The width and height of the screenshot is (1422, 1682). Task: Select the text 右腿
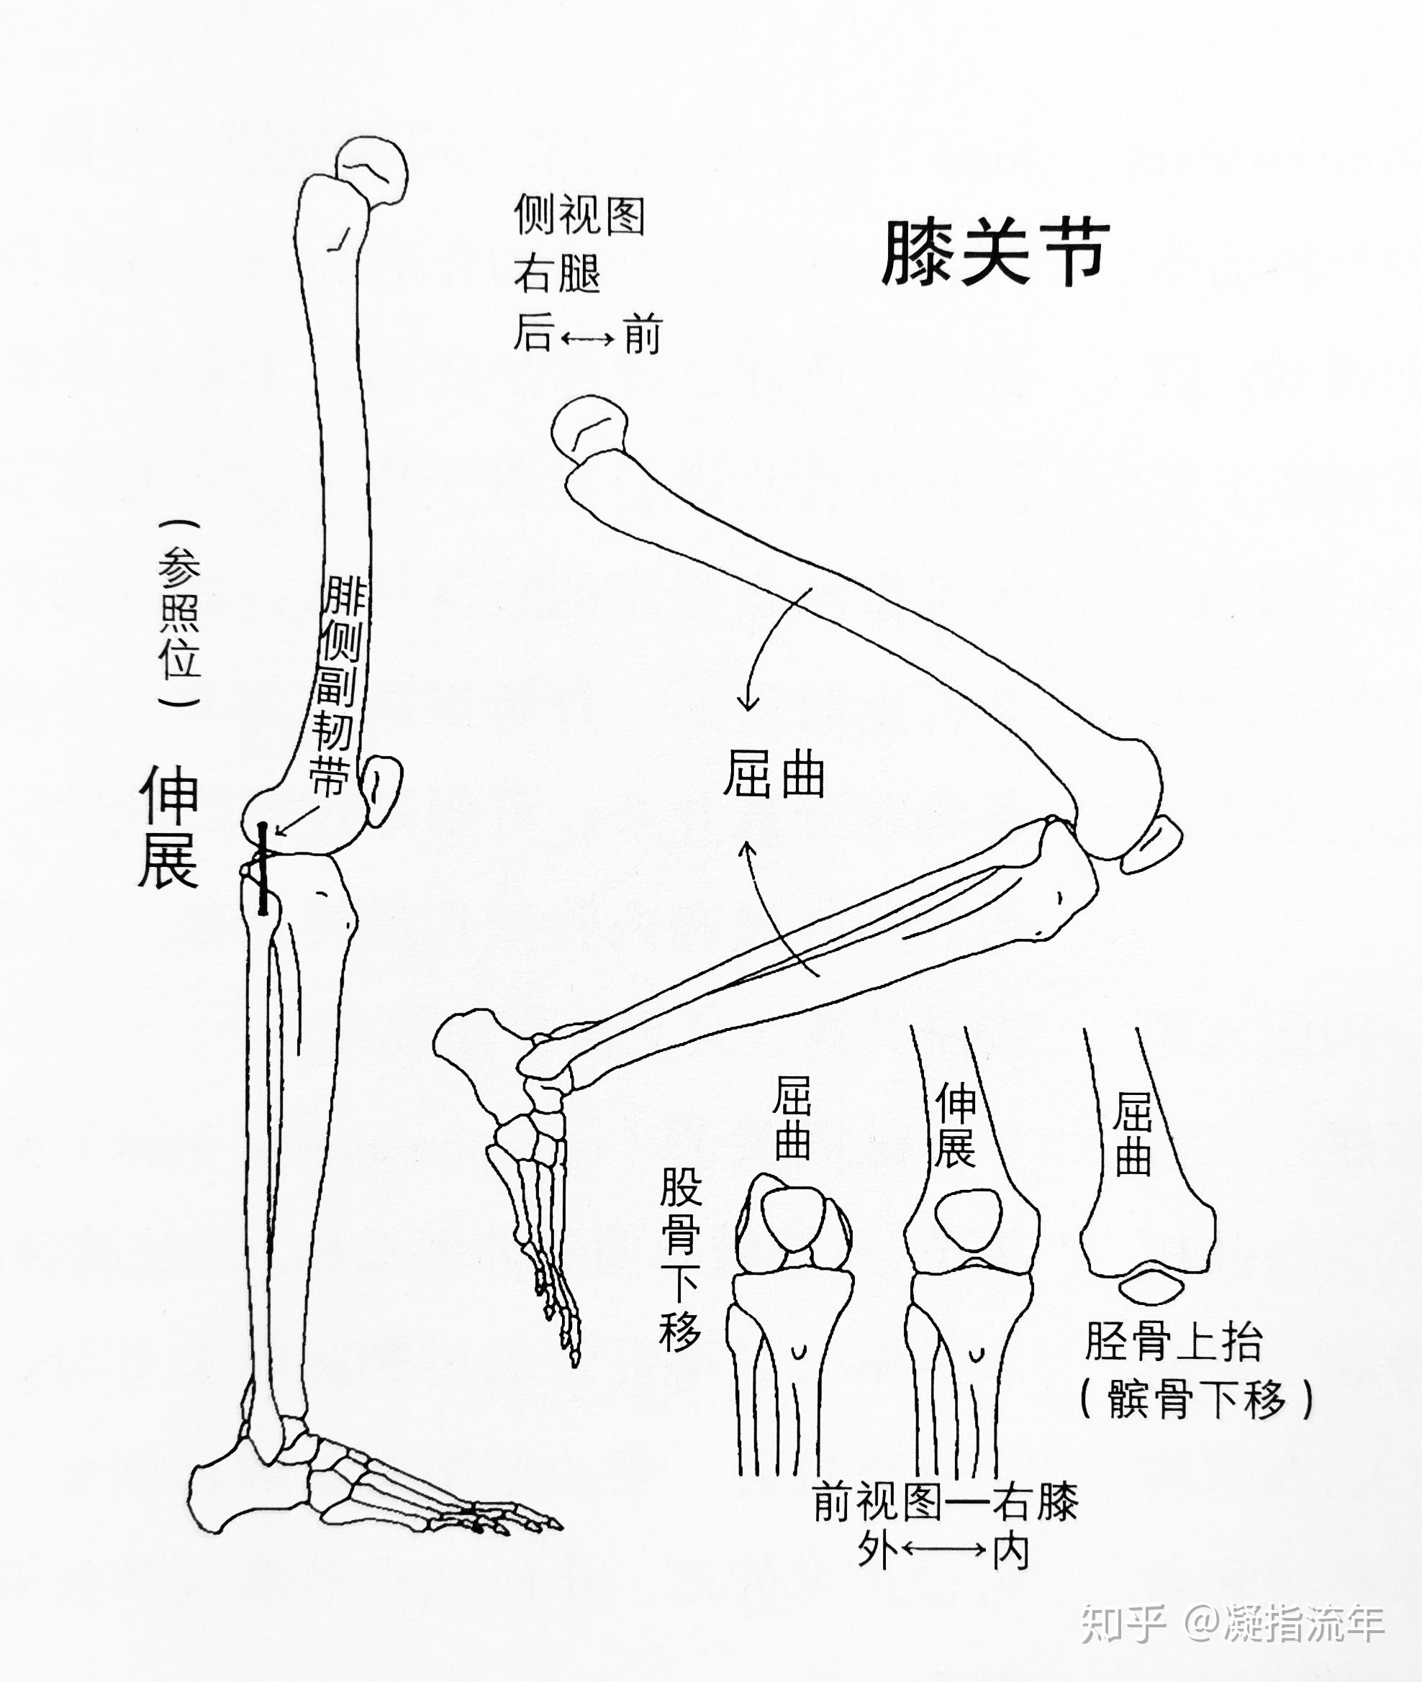point(557,274)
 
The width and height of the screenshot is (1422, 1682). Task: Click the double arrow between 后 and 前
point(587,339)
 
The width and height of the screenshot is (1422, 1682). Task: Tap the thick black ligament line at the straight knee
point(263,869)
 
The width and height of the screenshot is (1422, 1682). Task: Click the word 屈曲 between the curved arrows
point(773,775)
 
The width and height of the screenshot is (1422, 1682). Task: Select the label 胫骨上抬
point(1173,1342)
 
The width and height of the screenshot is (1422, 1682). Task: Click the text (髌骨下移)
point(1196,1399)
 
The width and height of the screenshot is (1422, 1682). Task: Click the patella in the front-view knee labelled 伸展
point(968,1221)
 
